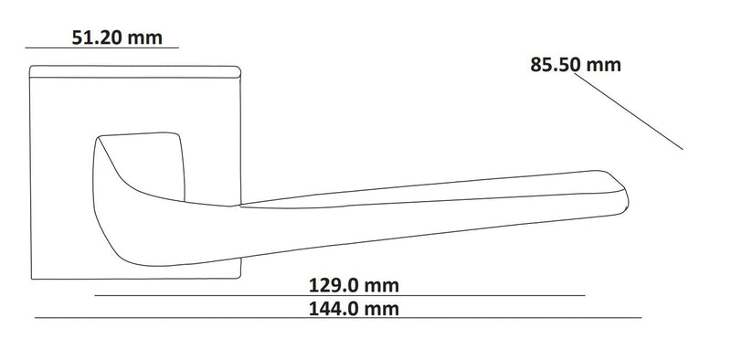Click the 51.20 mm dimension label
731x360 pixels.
coord(117,37)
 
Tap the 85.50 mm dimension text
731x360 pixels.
coord(576,65)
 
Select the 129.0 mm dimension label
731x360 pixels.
coord(354,285)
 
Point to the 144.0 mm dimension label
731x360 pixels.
coord(354,309)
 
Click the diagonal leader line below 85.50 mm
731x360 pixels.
coord(629,111)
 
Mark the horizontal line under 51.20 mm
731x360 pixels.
coord(101,48)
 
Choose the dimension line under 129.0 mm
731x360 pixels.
coord(340,295)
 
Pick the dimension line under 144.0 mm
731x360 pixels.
coord(338,318)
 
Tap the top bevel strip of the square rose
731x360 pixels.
coord(135,71)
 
